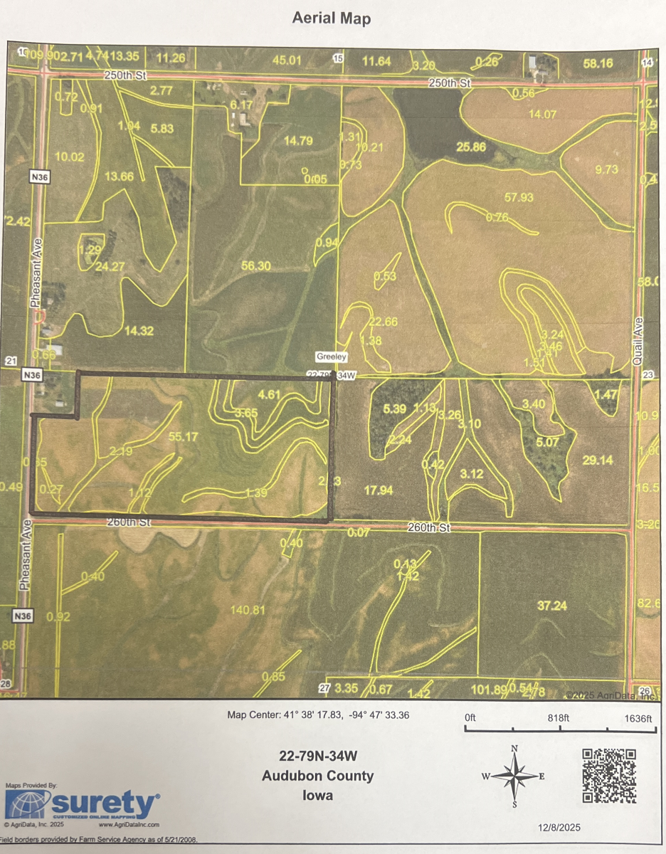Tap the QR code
click(609, 775)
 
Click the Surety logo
click(83, 805)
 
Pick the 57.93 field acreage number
click(517, 197)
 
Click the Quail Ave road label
click(638, 342)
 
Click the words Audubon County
click(317, 776)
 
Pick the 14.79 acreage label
click(298, 141)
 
